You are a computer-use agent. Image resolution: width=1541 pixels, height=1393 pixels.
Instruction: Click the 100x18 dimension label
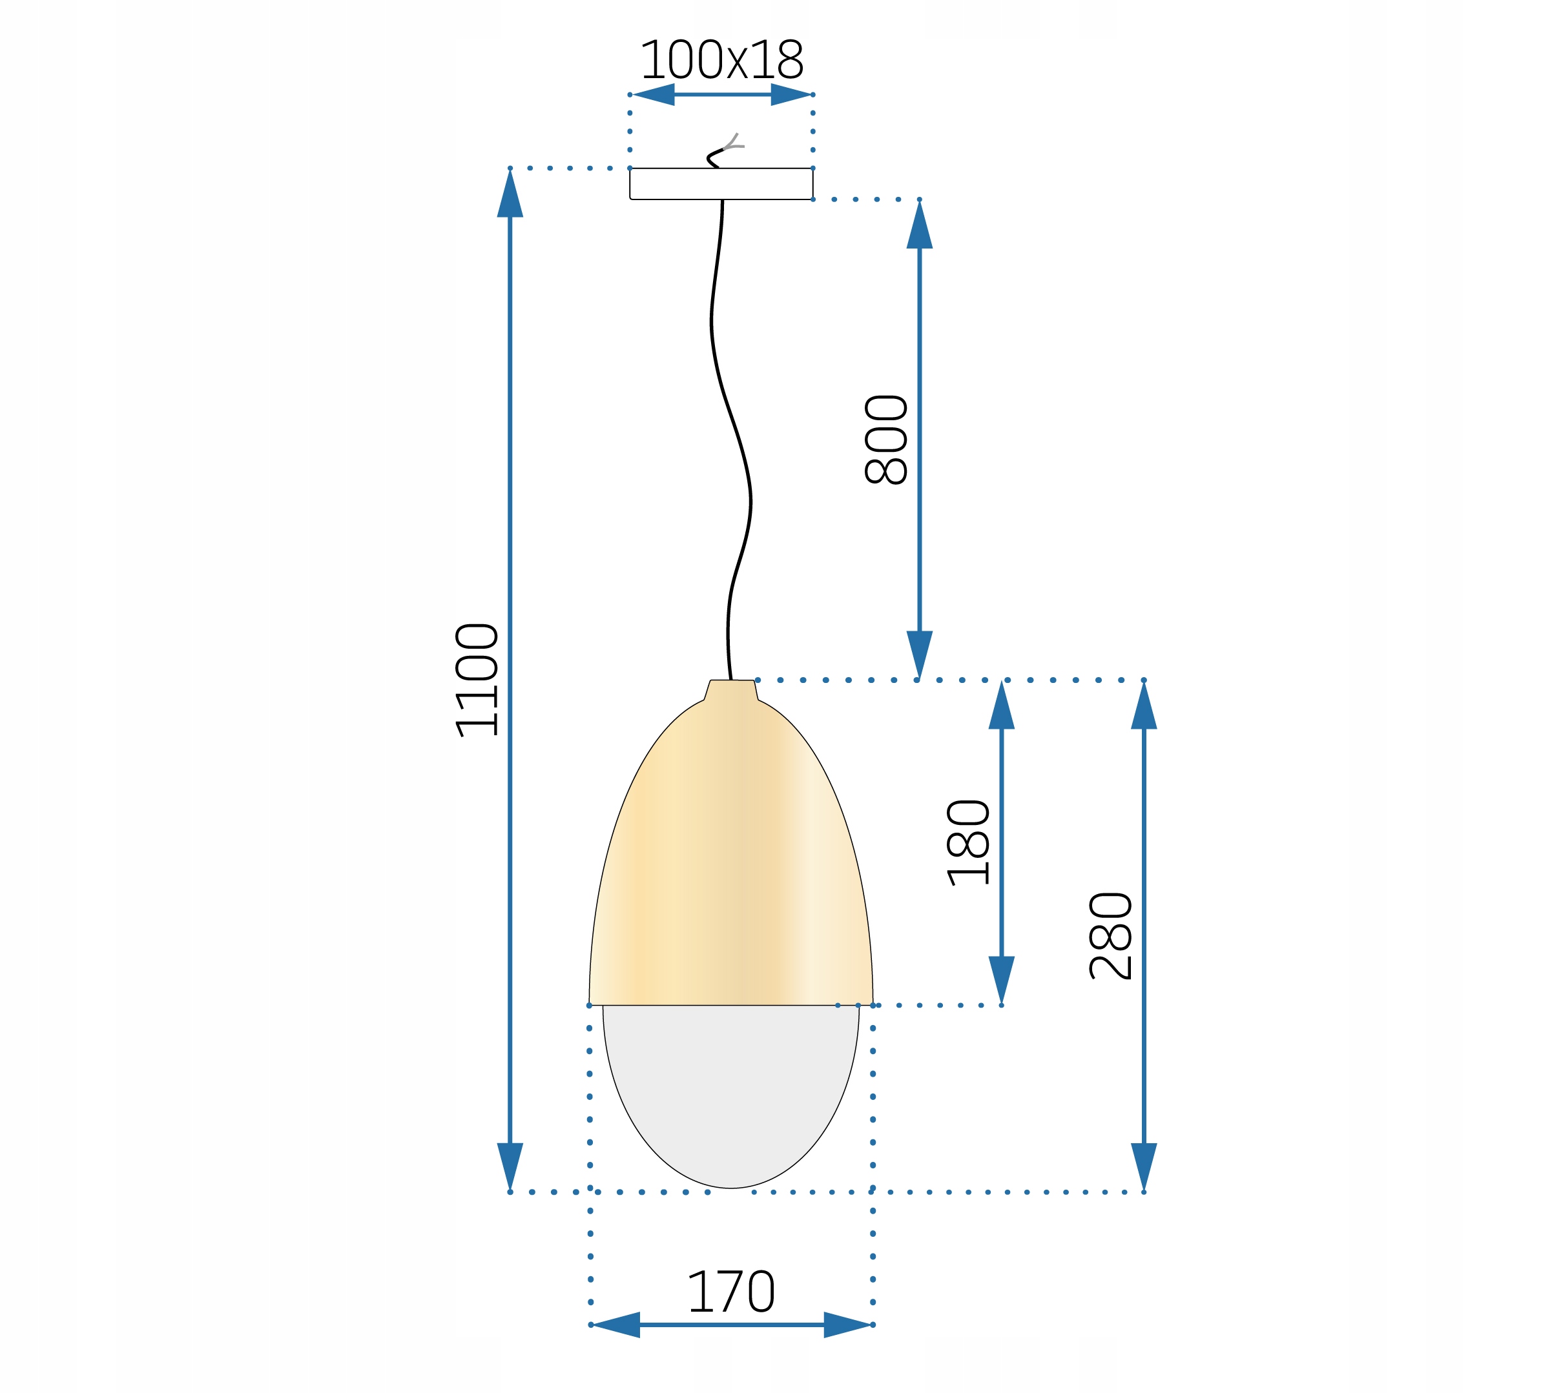point(721,59)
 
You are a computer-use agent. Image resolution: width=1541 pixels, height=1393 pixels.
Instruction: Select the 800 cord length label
point(886,440)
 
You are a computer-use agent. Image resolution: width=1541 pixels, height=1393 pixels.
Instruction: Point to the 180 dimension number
point(967,843)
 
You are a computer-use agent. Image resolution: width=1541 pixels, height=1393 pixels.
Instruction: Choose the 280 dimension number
point(1110,936)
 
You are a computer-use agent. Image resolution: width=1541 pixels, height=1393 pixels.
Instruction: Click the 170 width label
point(732,1292)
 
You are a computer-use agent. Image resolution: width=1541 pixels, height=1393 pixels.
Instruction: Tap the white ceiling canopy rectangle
point(721,183)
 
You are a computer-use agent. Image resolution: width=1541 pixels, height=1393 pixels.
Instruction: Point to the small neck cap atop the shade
point(732,690)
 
